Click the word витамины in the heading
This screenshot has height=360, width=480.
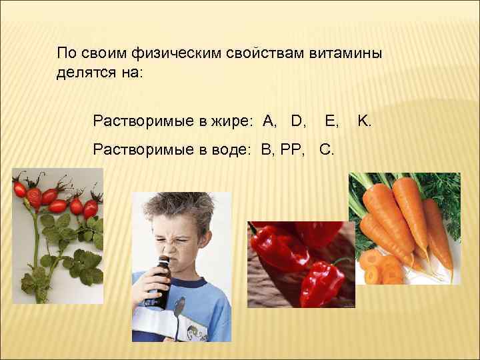click(x=345, y=53)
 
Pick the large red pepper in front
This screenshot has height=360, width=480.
click(x=320, y=280)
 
